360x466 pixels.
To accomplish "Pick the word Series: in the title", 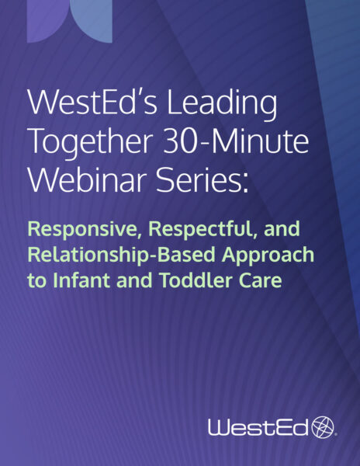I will pyautogui.click(x=193, y=180).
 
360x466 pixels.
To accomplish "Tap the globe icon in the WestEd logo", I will pyautogui.click(x=322, y=426).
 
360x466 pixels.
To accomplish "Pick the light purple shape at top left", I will pyautogui.click(x=69, y=21).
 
